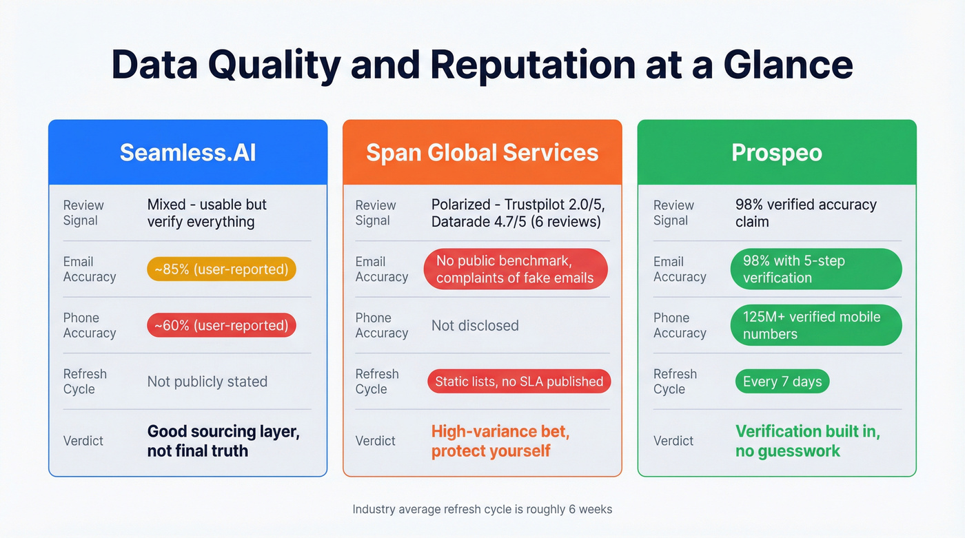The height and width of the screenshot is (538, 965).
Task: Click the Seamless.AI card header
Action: click(x=187, y=152)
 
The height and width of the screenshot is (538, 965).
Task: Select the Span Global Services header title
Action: click(x=482, y=152)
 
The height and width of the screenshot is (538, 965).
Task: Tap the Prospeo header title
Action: click(x=776, y=152)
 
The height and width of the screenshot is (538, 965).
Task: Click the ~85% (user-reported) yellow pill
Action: click(x=221, y=269)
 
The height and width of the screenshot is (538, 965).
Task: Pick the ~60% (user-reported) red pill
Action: click(x=221, y=325)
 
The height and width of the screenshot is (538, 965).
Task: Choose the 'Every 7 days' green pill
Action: click(x=782, y=382)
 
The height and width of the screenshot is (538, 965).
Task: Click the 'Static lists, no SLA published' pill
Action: click(x=518, y=382)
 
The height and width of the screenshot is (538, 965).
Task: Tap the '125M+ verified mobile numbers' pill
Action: click(x=815, y=326)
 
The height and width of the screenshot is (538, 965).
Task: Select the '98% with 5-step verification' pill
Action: click(x=815, y=269)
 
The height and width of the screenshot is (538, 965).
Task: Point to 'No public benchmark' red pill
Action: click(x=515, y=269)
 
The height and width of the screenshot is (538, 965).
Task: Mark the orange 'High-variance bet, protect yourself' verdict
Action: click(x=500, y=441)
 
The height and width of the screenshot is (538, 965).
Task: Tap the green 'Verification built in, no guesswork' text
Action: click(x=807, y=441)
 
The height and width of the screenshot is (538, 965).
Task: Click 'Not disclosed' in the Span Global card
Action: click(x=475, y=325)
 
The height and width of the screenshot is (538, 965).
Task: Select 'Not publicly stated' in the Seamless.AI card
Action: click(x=207, y=382)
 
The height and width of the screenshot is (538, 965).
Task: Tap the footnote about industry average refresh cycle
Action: click(x=482, y=510)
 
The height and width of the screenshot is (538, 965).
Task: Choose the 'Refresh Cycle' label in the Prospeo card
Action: click(x=675, y=382)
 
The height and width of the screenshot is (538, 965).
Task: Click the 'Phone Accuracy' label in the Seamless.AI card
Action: click(x=90, y=325)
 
